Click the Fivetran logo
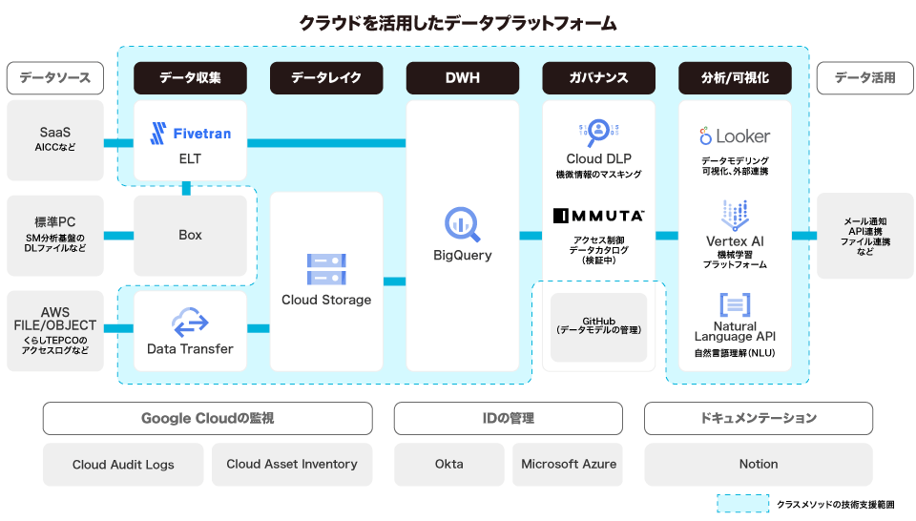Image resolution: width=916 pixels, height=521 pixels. point(190,134)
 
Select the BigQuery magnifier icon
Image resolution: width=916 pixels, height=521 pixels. point(463,224)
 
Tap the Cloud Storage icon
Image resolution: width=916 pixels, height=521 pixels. point(326,269)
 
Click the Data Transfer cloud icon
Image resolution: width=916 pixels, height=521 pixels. point(190,322)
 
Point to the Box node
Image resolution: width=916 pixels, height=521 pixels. point(190,235)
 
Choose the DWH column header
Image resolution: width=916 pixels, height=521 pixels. point(463,78)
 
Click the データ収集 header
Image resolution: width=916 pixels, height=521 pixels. point(190,78)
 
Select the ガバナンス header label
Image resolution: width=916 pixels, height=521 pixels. point(599,78)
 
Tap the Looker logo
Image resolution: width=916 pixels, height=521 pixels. point(735,136)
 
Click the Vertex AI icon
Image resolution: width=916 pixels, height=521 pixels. point(735,215)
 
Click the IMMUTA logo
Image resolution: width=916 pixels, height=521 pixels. point(599,216)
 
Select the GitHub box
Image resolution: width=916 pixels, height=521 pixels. point(599,326)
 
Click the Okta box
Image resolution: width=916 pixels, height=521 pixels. point(449,464)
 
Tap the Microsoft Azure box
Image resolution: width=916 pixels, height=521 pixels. point(569,464)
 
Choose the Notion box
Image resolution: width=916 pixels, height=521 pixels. point(759,464)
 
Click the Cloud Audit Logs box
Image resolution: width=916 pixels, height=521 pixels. point(123,465)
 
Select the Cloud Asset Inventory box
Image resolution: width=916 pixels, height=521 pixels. point(292,464)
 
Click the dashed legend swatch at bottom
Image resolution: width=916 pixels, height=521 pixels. point(742,503)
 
